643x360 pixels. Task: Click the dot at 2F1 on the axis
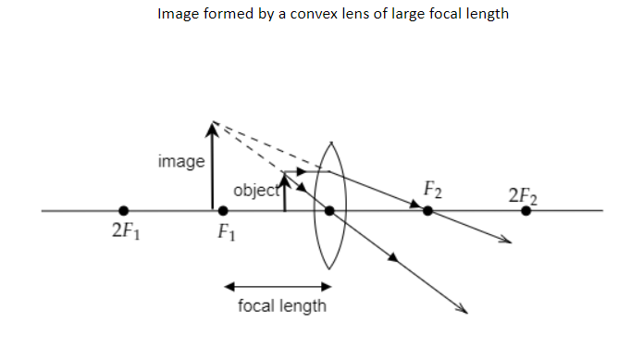coord(124,211)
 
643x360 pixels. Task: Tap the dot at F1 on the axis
coord(223,211)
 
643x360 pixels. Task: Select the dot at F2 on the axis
coord(427,211)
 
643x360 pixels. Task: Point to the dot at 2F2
coord(526,211)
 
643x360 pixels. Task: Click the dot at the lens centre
coord(329,211)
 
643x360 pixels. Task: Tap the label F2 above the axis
coord(432,191)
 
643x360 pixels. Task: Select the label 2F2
coord(524,195)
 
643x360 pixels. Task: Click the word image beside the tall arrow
coord(181,161)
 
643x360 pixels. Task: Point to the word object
coord(255,191)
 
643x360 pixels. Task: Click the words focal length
coord(282,306)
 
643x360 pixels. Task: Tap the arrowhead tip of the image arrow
coord(213,123)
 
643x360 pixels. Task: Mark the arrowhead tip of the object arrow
coord(285,173)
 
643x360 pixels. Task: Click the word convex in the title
coord(315,15)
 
